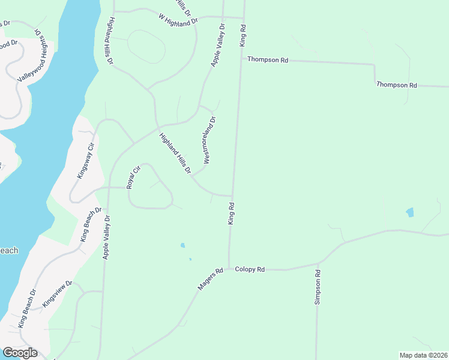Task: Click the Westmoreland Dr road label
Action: coord(209,140)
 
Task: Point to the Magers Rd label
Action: coord(210,280)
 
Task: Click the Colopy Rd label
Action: coord(250,270)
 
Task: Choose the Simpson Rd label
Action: coord(318,287)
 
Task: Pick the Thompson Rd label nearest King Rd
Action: coord(268,60)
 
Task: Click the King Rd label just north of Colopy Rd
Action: coord(231,214)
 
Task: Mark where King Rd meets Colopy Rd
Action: coord(229,269)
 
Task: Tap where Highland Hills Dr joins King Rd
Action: coord(232,196)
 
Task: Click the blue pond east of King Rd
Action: coord(410,212)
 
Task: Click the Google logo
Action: coord(20,353)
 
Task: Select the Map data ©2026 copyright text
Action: coord(423,355)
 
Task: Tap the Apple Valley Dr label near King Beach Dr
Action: coord(107,237)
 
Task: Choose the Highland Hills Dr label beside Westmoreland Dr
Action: coord(175,154)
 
